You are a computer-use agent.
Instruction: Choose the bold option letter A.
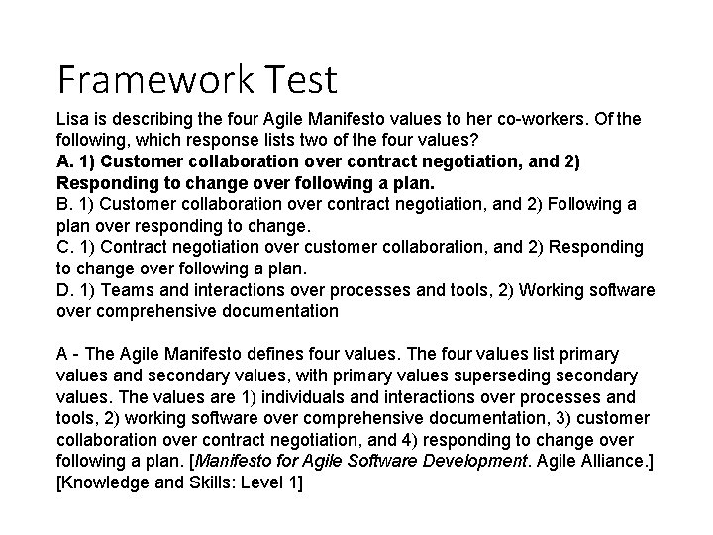[64, 161]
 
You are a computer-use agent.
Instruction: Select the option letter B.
[64, 204]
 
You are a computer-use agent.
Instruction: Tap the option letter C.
[64, 247]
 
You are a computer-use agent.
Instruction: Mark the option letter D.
[64, 289]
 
